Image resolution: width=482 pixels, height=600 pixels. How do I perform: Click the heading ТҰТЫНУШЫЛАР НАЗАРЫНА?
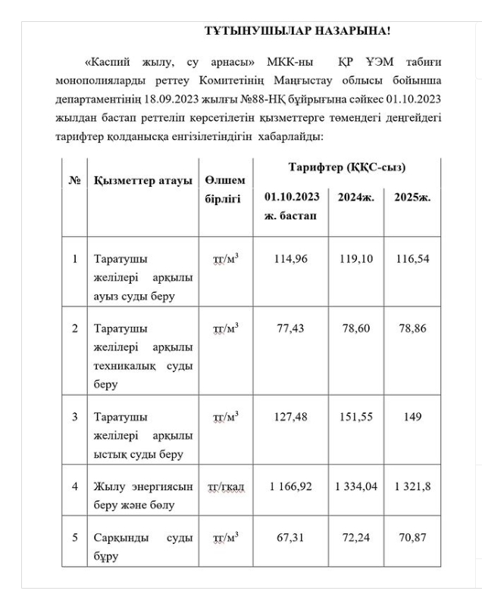click(x=297, y=31)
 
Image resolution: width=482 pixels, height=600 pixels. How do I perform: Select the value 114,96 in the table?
click(x=292, y=259)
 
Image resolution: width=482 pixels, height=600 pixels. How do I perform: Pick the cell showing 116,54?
click(x=412, y=259)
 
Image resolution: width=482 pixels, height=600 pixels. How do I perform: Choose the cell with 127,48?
click(x=292, y=415)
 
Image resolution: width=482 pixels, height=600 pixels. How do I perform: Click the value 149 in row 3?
click(x=412, y=415)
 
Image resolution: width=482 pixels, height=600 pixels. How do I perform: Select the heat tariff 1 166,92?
click(x=292, y=486)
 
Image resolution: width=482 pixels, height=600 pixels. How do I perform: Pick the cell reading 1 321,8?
click(x=412, y=486)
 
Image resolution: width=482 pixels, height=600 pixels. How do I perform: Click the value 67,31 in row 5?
click(x=292, y=537)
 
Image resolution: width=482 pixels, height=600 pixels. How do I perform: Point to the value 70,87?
click(x=412, y=537)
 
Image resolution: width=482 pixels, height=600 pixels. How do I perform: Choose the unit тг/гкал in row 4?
click(x=226, y=486)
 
